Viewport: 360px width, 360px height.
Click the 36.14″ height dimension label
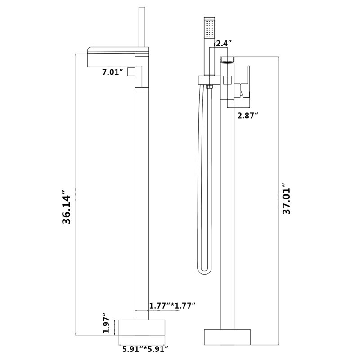[67, 207]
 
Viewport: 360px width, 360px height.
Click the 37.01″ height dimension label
[286, 198]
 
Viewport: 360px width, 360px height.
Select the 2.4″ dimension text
[223, 43]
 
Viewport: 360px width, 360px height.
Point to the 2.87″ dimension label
[248, 116]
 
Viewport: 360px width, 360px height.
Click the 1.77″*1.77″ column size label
[172, 306]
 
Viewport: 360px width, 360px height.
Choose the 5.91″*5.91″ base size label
[145, 349]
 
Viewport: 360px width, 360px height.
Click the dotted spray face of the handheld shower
[209, 29]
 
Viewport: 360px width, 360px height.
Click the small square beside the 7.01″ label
[131, 72]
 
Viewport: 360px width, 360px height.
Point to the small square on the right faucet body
[227, 80]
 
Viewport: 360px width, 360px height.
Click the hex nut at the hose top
[209, 86]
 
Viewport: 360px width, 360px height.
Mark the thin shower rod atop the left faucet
[142, 27]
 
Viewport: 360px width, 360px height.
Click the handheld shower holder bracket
[209, 80]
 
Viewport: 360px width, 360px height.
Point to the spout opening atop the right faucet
[227, 60]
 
